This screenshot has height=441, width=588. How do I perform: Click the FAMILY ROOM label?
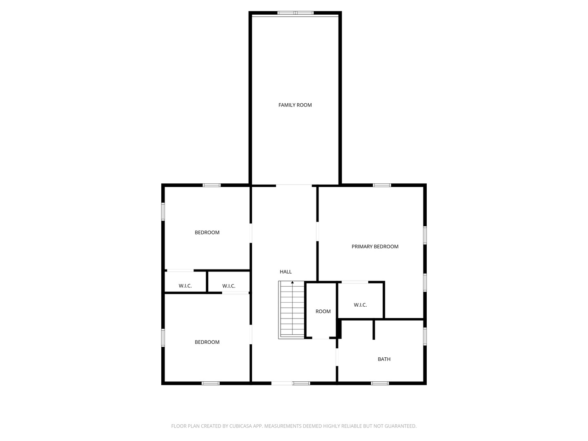(295, 105)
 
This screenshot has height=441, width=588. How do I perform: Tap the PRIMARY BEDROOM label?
(375, 247)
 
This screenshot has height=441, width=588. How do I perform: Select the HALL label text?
(285, 272)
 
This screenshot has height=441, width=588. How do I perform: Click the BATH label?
(384, 359)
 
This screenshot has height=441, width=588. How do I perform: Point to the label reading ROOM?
(323, 312)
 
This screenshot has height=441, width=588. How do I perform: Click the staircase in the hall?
(292, 310)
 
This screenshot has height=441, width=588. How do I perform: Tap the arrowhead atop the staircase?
(292, 282)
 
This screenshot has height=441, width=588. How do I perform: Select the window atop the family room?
(296, 13)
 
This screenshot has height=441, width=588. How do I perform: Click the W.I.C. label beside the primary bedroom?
(360, 305)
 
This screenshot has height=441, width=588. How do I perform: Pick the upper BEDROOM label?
(207, 233)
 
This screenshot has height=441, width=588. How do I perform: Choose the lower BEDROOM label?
(207, 342)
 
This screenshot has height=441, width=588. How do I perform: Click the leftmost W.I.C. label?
(185, 286)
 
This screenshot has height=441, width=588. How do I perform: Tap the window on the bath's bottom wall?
(380, 383)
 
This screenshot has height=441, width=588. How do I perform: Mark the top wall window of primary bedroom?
(382, 185)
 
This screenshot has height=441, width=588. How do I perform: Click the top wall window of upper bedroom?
(212, 185)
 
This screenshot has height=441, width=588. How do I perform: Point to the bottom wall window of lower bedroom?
(211, 383)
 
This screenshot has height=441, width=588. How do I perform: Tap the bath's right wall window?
(425, 336)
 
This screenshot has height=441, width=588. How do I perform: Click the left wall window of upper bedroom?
(163, 212)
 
